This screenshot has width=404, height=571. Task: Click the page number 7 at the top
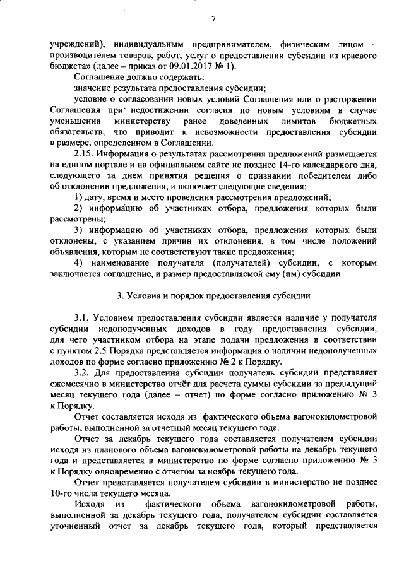(x=213, y=18)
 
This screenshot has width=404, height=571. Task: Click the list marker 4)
(x=79, y=262)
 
